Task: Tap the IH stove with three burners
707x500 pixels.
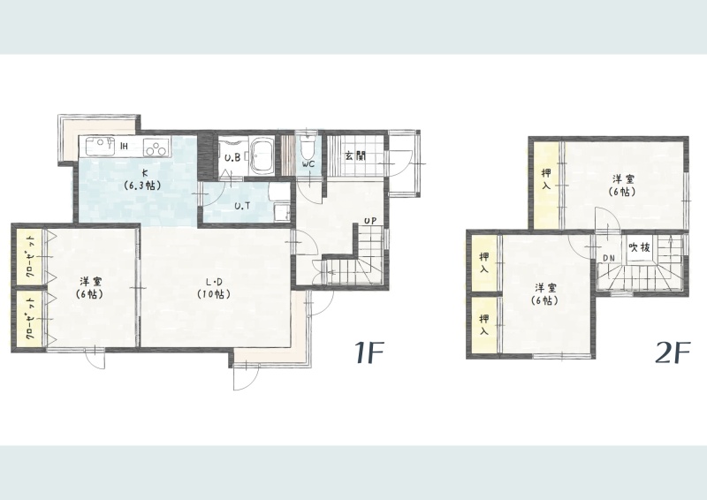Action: point(156,147)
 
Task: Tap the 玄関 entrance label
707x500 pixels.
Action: point(355,156)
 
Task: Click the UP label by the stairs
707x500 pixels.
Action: point(370,221)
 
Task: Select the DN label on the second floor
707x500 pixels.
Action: point(609,258)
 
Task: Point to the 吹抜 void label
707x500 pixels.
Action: point(639,247)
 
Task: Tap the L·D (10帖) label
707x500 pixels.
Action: point(214,288)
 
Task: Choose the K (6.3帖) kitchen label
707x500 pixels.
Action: point(144,178)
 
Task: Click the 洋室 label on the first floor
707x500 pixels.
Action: point(91,288)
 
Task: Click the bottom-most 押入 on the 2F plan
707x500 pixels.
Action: point(484,325)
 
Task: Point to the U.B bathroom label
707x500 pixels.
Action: point(232,158)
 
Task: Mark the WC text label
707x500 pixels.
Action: point(308,164)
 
